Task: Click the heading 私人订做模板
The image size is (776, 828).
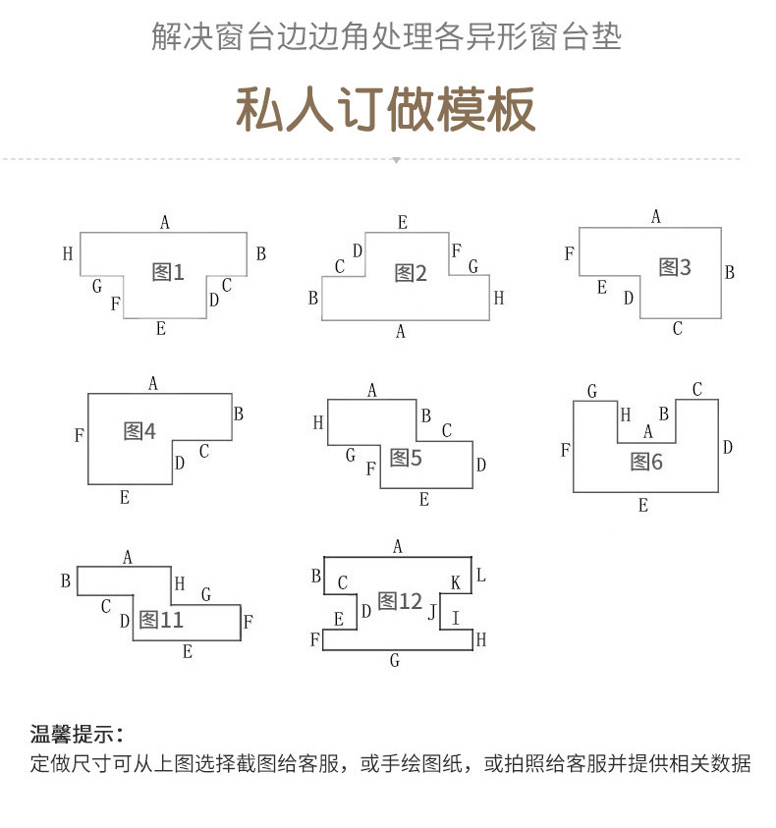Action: (x=386, y=109)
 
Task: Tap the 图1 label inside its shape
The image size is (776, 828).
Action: (x=168, y=272)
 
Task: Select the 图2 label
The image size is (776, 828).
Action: (x=411, y=273)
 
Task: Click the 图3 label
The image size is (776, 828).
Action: (x=675, y=267)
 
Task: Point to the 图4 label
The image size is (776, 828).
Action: (x=139, y=430)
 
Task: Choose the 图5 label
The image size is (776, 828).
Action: (x=406, y=457)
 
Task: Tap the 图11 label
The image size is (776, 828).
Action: (x=161, y=620)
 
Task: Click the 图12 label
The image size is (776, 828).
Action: (x=400, y=601)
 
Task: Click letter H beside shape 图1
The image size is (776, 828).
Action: (x=68, y=254)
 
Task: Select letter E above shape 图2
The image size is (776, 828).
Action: (x=403, y=222)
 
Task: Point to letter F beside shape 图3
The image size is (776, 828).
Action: (x=570, y=254)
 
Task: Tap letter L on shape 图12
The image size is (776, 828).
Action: (x=480, y=575)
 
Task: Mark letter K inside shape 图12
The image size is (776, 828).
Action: (x=456, y=583)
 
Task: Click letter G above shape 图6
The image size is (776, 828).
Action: (x=592, y=392)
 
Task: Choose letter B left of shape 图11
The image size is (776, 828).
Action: (x=66, y=580)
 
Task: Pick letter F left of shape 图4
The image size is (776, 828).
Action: (x=79, y=435)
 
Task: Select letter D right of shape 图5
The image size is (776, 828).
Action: (x=481, y=465)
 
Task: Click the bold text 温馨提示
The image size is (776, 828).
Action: (x=77, y=734)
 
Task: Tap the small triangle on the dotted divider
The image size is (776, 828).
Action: (x=396, y=160)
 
